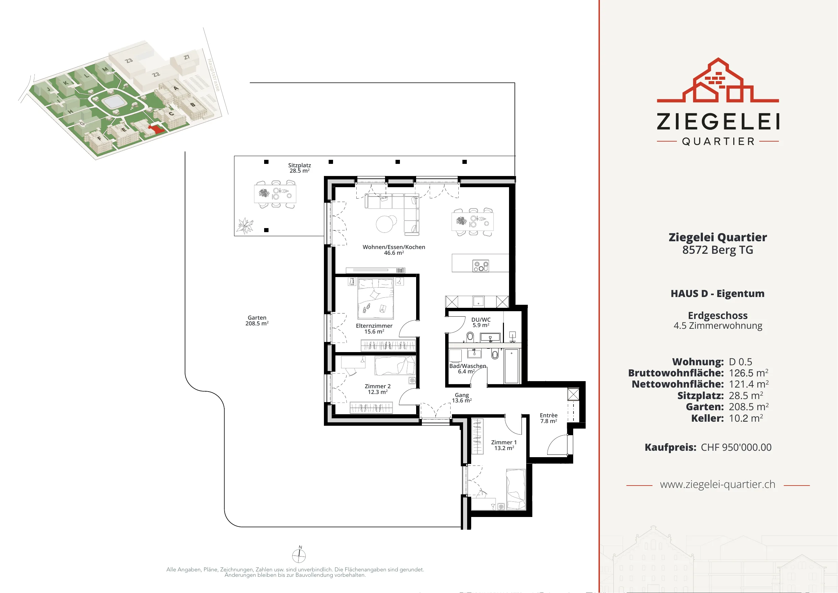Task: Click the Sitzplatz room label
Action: (x=299, y=168)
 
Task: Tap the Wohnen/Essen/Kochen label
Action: (x=394, y=250)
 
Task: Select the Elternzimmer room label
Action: (x=374, y=329)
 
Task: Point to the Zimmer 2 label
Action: (x=377, y=389)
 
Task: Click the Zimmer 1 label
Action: (x=504, y=445)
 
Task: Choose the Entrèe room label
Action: (x=549, y=418)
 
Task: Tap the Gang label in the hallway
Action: (x=462, y=398)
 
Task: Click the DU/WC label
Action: (x=481, y=322)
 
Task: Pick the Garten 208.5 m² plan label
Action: (x=257, y=321)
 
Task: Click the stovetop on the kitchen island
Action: (x=481, y=266)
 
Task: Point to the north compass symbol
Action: (x=299, y=555)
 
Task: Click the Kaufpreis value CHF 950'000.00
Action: (x=736, y=447)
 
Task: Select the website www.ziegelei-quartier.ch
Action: (x=717, y=485)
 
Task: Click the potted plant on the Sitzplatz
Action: (x=245, y=226)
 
